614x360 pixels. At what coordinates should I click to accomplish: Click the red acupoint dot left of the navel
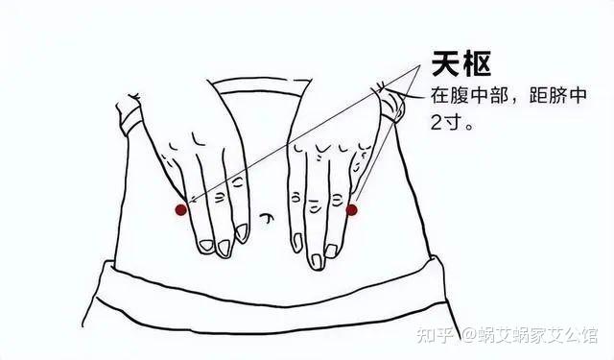click(181, 210)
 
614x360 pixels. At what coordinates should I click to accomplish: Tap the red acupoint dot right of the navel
click(352, 210)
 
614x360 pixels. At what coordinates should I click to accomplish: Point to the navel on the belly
click(267, 217)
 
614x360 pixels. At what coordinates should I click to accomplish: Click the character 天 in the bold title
click(446, 63)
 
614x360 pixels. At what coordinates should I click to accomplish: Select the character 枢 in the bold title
click(477, 63)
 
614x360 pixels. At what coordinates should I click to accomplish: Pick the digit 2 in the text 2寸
click(437, 123)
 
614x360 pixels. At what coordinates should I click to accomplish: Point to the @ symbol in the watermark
click(469, 336)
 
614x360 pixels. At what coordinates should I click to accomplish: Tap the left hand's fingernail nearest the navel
click(241, 231)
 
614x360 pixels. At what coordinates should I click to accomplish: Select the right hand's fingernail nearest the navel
click(296, 242)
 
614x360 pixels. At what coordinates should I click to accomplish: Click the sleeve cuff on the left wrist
click(129, 112)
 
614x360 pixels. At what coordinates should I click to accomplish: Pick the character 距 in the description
click(538, 96)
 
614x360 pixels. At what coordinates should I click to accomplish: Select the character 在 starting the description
click(439, 96)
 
